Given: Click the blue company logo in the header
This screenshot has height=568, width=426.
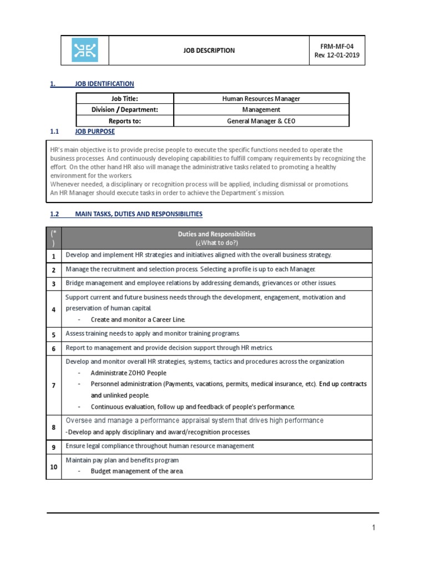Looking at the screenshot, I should pyautogui.click(x=84, y=50).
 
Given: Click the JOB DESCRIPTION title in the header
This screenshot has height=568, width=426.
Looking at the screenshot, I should pyautogui.click(x=209, y=50).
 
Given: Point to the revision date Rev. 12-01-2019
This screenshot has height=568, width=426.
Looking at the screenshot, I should pyautogui.click(x=337, y=56).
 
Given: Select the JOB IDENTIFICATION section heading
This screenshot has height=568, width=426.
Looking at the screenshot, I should pyautogui.click(x=104, y=84).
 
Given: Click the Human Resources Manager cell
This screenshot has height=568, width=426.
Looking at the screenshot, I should pyautogui.click(x=261, y=99).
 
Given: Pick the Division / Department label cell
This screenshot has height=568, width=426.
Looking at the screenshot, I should pyautogui.click(x=125, y=110).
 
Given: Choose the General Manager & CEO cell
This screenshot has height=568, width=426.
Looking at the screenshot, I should pyautogui.click(x=261, y=121).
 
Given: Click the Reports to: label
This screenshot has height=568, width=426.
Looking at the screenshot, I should pyautogui.click(x=125, y=121).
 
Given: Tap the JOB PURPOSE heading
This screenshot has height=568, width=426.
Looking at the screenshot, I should pyautogui.click(x=95, y=131).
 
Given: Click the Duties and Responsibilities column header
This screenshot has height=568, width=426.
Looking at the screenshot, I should pyautogui.click(x=216, y=238).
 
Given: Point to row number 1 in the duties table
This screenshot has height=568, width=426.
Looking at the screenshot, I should pyautogui.click(x=54, y=256).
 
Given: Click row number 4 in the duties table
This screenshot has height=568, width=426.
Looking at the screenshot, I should pyautogui.click(x=54, y=309).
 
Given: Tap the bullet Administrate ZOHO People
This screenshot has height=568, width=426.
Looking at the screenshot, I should pyautogui.click(x=128, y=373).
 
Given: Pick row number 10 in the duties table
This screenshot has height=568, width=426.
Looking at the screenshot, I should pyautogui.click(x=54, y=467).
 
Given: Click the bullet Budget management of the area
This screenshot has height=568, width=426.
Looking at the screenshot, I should pyautogui.click(x=136, y=471).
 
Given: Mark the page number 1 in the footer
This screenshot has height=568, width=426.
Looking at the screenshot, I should pyautogui.click(x=374, y=528).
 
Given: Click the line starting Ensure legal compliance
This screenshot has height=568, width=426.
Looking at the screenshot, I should pyautogui.click(x=160, y=446).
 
